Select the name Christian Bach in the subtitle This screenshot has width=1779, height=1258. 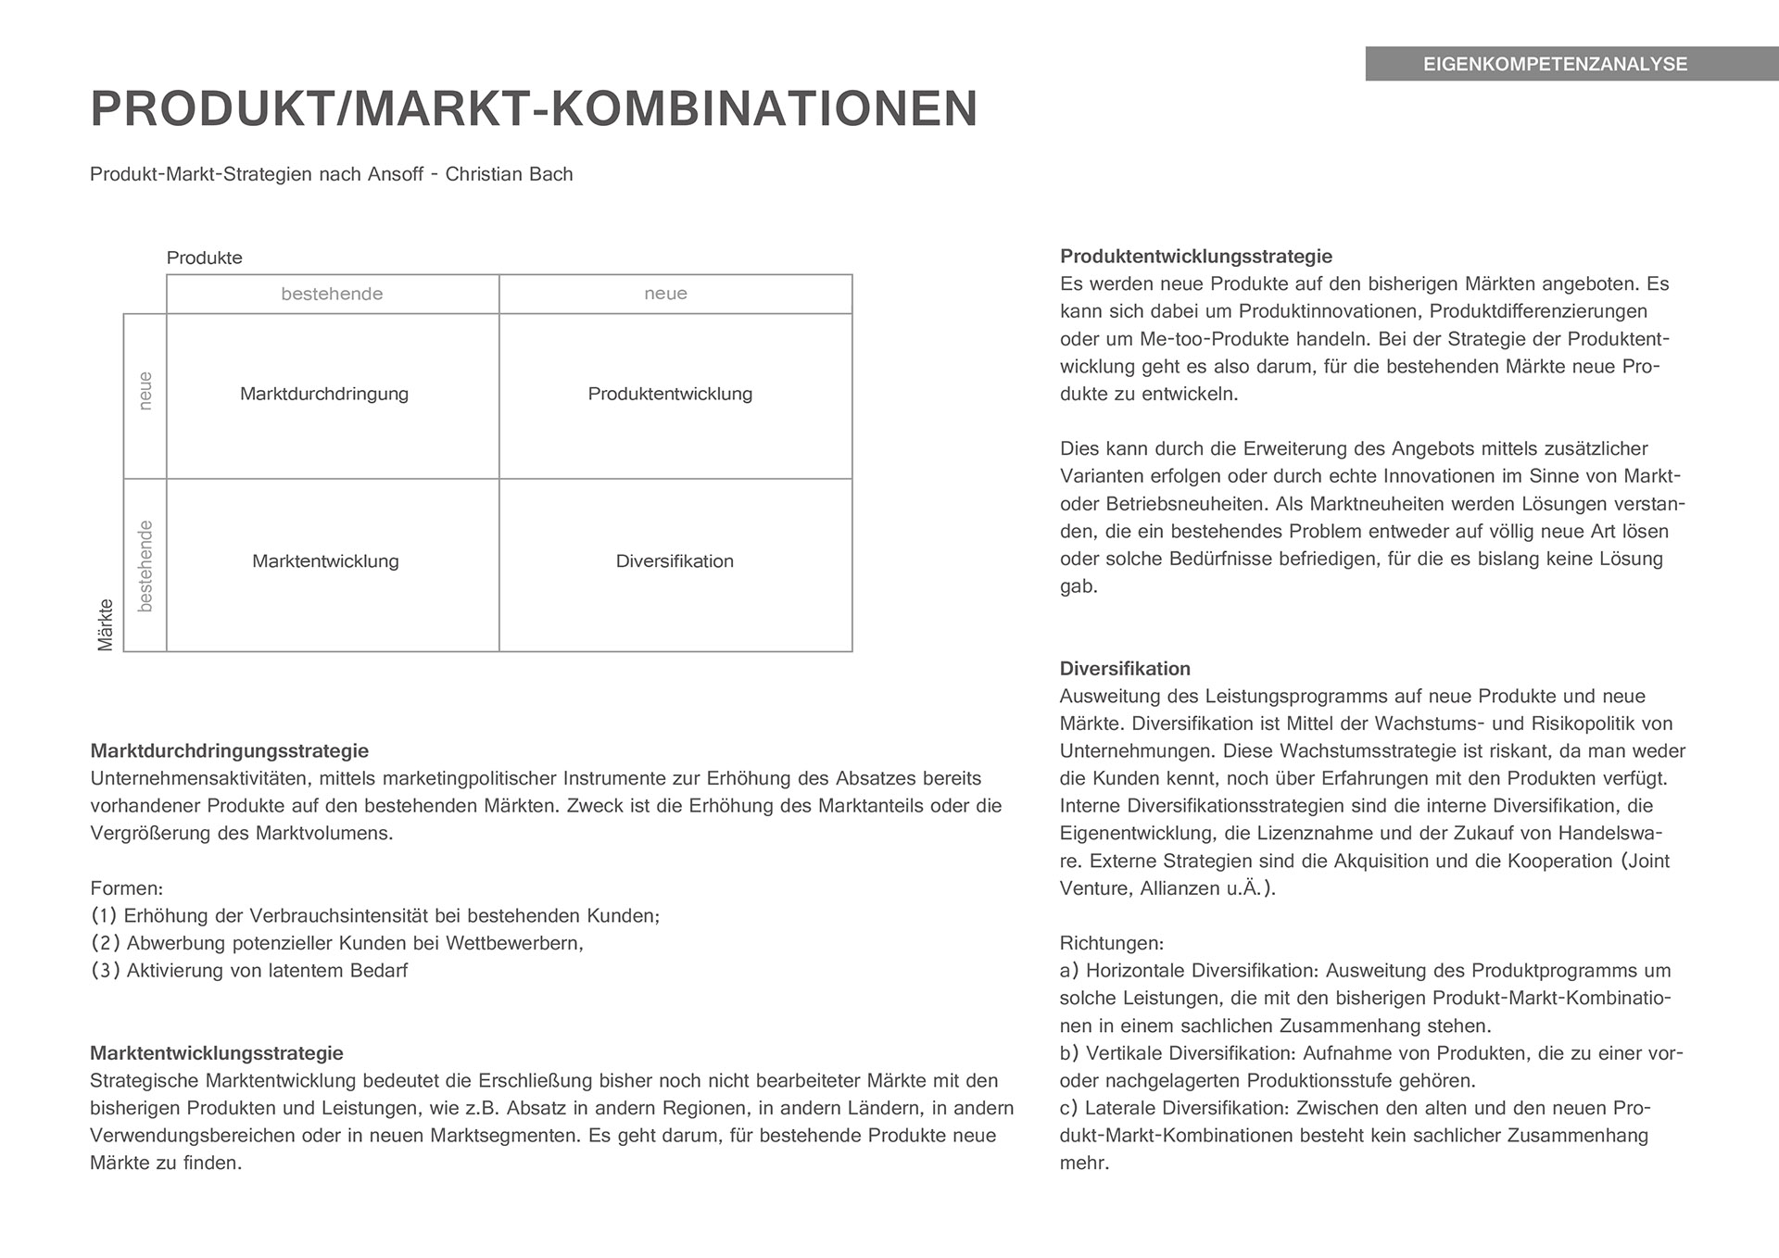click(509, 174)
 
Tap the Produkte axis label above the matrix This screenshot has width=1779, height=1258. click(204, 258)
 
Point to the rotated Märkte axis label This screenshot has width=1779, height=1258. click(105, 624)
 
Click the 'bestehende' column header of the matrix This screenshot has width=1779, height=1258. click(332, 294)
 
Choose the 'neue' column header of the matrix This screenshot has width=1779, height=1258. click(665, 294)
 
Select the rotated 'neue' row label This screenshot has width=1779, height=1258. click(145, 391)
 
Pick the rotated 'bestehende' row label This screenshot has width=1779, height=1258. click(145, 565)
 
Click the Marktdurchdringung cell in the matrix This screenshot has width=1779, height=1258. click(324, 394)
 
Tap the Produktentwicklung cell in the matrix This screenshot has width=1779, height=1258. click(670, 394)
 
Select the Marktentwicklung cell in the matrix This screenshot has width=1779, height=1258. click(325, 561)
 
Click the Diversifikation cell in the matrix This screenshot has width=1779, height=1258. click(675, 561)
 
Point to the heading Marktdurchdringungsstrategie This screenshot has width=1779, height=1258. click(229, 750)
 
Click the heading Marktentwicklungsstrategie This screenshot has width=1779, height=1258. click(216, 1053)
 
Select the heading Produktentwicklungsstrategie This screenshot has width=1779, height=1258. click(1195, 257)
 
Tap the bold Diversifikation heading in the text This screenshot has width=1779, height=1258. click(1125, 669)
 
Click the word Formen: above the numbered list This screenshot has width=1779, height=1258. click(126, 888)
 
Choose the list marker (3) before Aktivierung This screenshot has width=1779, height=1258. click(105, 971)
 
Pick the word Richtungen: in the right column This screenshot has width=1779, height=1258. click(1111, 944)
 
